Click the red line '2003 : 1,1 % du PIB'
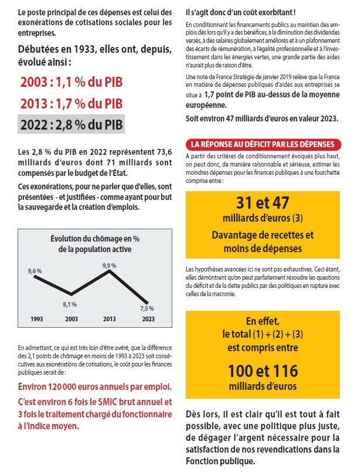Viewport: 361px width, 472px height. [71, 82]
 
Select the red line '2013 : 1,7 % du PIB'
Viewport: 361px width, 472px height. [71, 104]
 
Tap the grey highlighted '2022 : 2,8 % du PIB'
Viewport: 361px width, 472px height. [71, 124]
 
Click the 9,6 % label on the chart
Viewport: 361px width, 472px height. [35, 271]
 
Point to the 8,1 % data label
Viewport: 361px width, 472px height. [70, 304]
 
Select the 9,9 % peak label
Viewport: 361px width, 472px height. [110, 266]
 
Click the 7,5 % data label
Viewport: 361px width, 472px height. [147, 308]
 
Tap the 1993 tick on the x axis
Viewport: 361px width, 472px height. [37, 319]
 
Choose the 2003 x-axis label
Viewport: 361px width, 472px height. [71, 319]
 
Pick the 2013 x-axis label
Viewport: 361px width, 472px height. [109, 319]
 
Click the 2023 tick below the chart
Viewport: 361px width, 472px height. [148, 319]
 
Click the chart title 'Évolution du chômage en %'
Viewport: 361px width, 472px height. [95, 239]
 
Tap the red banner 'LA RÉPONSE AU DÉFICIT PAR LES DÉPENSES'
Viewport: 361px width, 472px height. [263, 144]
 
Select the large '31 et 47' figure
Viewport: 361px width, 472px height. [263, 203]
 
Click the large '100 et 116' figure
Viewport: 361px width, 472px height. [263, 371]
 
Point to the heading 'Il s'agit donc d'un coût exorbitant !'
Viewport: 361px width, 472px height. [241, 13]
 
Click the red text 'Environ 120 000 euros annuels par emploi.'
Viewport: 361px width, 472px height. [95, 387]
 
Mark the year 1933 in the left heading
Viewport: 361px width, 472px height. [85, 49]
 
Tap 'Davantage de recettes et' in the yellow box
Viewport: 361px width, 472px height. [263, 235]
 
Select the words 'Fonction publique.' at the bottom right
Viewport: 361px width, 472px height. [220, 461]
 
